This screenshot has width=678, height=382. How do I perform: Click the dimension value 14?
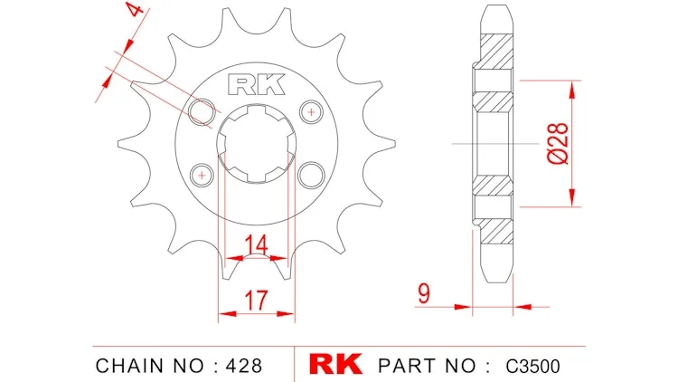(257, 244)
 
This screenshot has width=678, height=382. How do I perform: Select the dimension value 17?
(256, 301)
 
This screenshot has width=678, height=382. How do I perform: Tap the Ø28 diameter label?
(558, 143)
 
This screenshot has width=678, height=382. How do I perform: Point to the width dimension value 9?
(424, 293)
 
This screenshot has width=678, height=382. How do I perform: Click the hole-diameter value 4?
(135, 9)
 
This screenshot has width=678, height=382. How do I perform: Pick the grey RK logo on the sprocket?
(257, 84)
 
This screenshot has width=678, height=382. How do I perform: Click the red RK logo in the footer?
(335, 364)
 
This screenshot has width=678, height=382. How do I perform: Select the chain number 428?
(244, 366)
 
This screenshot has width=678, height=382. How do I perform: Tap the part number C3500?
(532, 366)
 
